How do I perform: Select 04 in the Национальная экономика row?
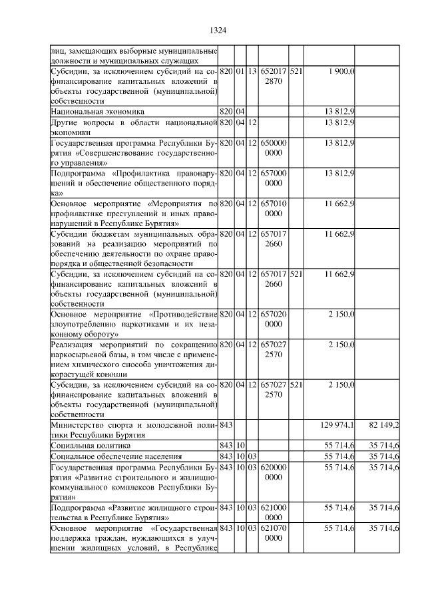(x=240, y=112)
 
